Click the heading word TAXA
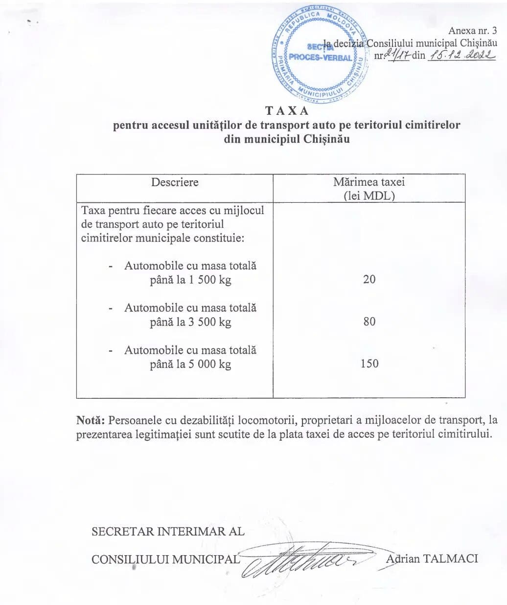click(287, 111)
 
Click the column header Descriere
click(175, 182)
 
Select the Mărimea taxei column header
click(369, 182)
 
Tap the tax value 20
click(369, 279)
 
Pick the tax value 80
click(369, 322)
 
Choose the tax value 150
click(369, 364)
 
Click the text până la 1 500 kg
click(190, 280)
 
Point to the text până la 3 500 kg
click(190, 322)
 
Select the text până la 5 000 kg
click(190, 364)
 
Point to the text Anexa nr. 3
click(472, 30)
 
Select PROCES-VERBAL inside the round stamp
click(321, 57)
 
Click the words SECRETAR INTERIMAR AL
click(168, 532)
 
